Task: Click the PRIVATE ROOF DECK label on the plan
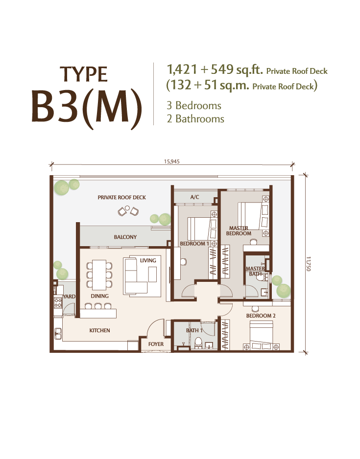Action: (x=121, y=197)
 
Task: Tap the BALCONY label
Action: (x=125, y=237)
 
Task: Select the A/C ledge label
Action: (x=195, y=197)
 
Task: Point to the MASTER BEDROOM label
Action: (x=239, y=230)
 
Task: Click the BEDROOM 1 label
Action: (x=194, y=244)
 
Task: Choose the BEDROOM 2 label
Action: (x=261, y=316)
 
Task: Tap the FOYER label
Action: (x=156, y=344)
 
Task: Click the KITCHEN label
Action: (x=99, y=330)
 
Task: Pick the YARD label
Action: (x=70, y=297)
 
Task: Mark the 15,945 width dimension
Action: (x=171, y=161)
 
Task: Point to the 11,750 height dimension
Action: (x=308, y=264)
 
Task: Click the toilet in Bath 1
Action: (x=198, y=343)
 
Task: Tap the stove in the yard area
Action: (x=58, y=302)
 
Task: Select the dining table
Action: (x=99, y=275)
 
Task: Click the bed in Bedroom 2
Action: (x=261, y=335)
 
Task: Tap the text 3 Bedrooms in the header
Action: (x=194, y=106)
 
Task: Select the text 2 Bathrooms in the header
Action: (x=195, y=119)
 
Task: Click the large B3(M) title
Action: (x=86, y=108)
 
